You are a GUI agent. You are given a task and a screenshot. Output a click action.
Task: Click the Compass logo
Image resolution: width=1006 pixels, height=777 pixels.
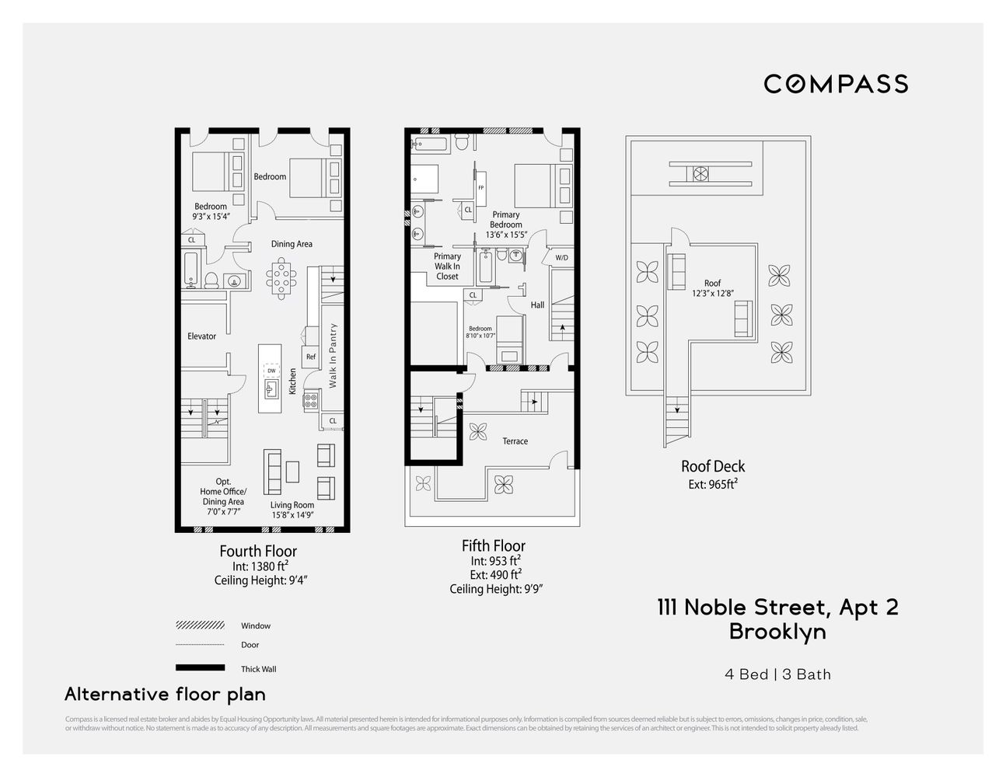click(x=836, y=84)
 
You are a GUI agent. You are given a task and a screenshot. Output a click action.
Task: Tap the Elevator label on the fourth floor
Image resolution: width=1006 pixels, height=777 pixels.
click(x=201, y=336)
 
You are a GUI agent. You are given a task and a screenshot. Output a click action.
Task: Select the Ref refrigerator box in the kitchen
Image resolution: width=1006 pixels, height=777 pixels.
click(x=311, y=357)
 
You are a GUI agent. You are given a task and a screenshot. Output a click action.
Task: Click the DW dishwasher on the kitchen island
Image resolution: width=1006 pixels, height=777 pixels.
click(x=271, y=371)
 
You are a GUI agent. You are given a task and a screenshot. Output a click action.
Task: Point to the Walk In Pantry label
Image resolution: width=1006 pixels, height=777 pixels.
click(x=333, y=356)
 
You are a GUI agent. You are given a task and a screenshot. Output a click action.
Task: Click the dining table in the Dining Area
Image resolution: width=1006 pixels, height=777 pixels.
click(x=281, y=279)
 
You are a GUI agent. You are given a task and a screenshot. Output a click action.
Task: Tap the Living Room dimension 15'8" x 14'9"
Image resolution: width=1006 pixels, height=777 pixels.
click(x=292, y=514)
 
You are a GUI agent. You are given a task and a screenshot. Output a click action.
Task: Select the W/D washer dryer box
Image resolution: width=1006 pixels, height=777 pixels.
click(x=561, y=257)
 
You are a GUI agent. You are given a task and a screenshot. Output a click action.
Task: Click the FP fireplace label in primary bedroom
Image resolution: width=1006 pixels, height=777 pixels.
click(x=480, y=188)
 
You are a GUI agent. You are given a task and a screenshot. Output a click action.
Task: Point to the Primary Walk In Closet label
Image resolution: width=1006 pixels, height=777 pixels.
click(x=447, y=266)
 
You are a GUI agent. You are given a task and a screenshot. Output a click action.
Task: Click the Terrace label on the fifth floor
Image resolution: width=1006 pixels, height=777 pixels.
click(x=515, y=441)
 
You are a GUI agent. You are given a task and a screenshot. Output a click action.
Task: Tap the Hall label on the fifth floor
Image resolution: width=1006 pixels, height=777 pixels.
click(x=537, y=305)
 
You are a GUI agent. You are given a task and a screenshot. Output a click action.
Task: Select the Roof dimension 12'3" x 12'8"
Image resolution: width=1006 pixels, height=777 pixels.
click(x=712, y=294)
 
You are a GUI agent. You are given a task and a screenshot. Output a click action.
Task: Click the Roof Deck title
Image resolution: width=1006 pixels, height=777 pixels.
click(x=713, y=466)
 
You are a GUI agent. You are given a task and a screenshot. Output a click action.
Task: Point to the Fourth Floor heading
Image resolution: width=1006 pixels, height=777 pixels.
click(x=258, y=551)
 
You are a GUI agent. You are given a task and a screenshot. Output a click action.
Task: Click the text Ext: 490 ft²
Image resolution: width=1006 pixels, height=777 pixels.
click(x=495, y=575)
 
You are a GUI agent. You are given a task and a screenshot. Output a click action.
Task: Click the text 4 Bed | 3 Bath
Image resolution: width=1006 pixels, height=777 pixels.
click(x=777, y=674)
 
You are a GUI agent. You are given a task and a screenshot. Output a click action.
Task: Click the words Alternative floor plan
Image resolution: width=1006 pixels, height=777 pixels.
click(x=165, y=694)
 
